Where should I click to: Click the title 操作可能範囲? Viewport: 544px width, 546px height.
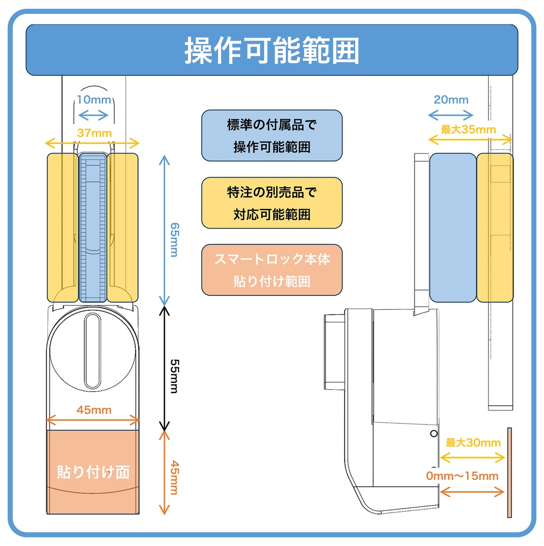tap(272, 51)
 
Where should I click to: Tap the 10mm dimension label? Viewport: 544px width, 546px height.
tap(93, 100)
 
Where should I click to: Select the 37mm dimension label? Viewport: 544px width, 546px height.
tap(92, 133)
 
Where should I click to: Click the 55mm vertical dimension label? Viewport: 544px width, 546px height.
tap(173, 368)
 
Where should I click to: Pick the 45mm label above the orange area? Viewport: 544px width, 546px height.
tap(94, 409)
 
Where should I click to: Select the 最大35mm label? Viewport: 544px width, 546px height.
tap(468, 130)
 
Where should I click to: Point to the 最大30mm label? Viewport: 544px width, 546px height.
tap(473, 443)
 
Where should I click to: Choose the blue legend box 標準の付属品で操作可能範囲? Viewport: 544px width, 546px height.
tap(272, 135)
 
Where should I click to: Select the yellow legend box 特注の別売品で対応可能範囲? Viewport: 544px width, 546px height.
tap(272, 203)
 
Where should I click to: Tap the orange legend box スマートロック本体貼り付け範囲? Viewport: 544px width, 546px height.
tap(272, 270)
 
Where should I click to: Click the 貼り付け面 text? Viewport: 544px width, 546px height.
tap(93, 472)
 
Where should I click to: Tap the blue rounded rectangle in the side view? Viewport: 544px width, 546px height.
tap(452, 228)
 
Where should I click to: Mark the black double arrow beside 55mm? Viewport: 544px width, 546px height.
tap(165, 368)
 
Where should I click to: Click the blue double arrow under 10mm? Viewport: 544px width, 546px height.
tap(93, 114)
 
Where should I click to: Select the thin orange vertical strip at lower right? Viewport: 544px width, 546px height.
tap(509, 472)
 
